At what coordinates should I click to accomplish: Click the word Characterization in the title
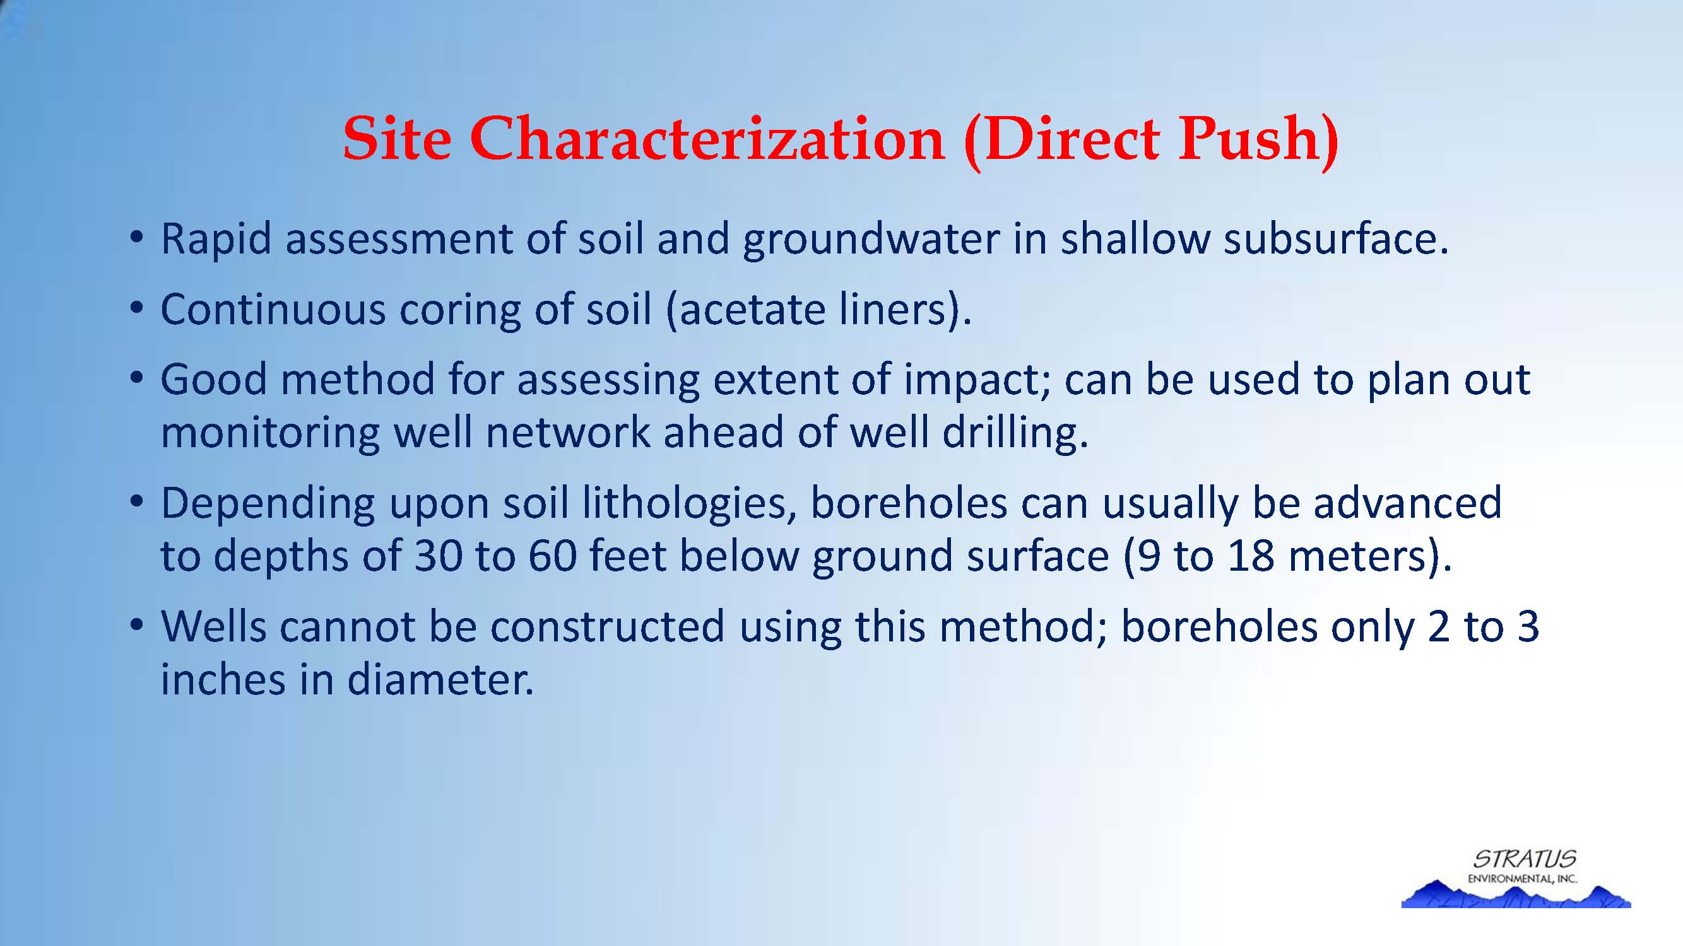[x=707, y=138]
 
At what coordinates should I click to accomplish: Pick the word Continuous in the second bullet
[x=273, y=309]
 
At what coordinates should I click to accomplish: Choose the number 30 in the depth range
[x=438, y=557]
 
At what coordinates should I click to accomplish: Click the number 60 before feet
[x=553, y=557]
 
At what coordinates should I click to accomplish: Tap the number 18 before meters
[x=1251, y=557]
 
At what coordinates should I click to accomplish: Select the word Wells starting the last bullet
[x=214, y=627]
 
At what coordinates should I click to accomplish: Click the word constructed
[x=608, y=627]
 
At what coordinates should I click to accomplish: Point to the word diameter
[x=440, y=680]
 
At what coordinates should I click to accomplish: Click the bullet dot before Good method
[x=136, y=378]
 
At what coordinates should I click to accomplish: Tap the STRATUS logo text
[x=1524, y=858]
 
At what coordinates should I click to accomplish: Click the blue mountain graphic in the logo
[x=1516, y=894]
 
